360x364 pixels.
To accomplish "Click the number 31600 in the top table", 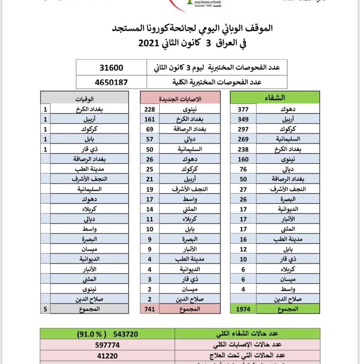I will tap(111, 68).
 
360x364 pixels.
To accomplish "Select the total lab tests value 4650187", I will tap(111, 82).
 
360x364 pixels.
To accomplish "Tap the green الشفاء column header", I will tap(275, 98).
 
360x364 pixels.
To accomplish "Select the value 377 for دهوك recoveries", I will tap(243, 109).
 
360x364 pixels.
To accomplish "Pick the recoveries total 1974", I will tap(243, 309).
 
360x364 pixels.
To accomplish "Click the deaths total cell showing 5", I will tap(45, 309).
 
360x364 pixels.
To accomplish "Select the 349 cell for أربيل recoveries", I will tap(243, 119).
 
